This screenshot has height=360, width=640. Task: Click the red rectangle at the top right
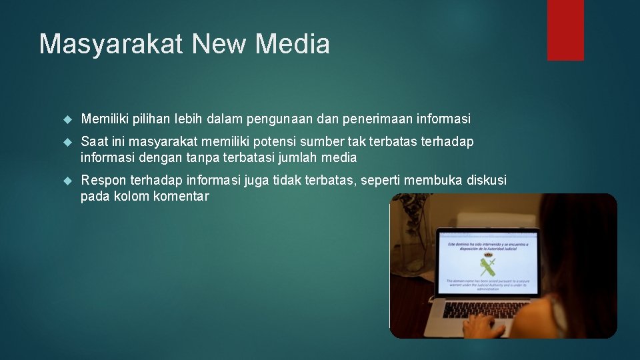[565, 29]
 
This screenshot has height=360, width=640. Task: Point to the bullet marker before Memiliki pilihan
[67, 119]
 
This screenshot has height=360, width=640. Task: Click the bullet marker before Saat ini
[67, 142]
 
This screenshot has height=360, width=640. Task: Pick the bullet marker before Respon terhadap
[67, 181]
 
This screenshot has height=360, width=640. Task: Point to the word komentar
[181, 197]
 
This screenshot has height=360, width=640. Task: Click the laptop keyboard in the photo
[486, 309]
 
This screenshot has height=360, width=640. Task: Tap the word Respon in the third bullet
[103, 180]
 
